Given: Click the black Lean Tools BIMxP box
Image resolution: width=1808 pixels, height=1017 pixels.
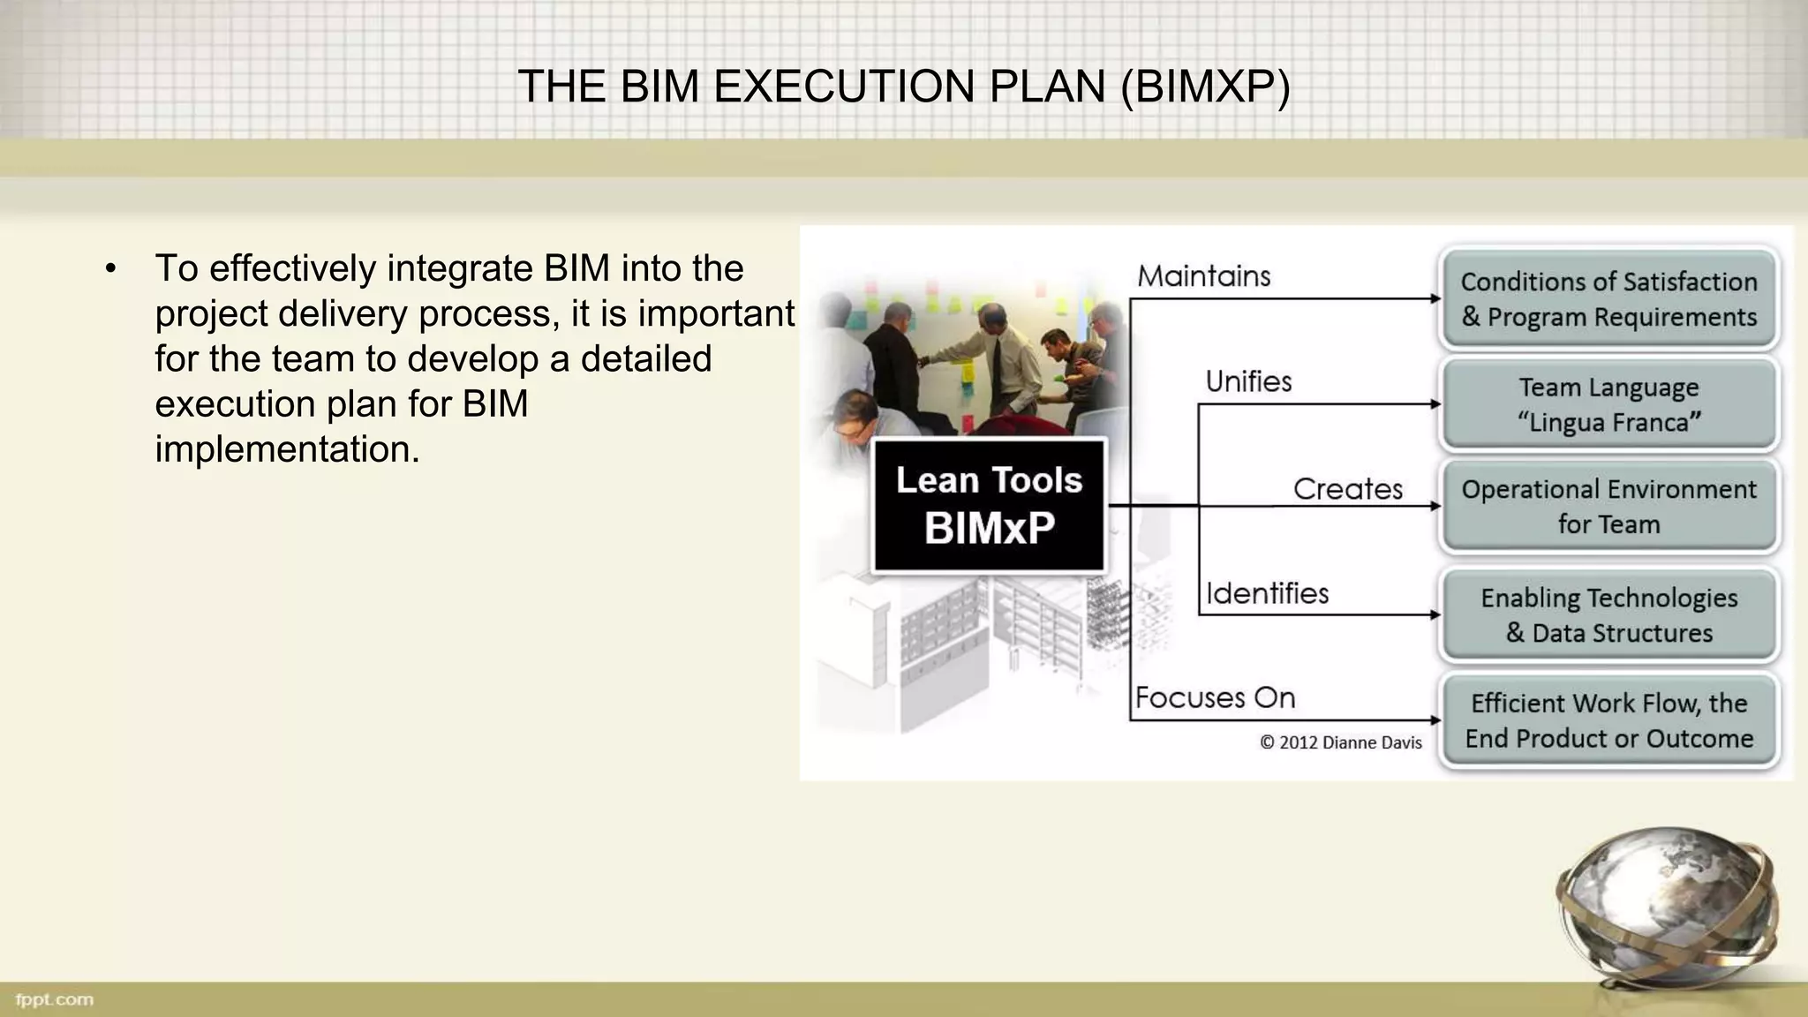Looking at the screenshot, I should (989, 506).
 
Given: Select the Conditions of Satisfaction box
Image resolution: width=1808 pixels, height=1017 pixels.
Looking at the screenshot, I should (1608, 299).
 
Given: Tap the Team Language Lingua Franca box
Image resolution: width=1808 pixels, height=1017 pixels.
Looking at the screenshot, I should (1608, 404).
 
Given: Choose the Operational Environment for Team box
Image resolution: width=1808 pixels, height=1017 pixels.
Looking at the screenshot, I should (1608, 507).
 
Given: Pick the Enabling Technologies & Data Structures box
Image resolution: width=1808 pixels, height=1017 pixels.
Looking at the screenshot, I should (1608, 615).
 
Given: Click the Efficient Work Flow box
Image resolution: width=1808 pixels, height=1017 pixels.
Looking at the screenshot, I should (1608, 720).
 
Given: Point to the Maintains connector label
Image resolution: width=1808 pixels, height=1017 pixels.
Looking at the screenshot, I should (1203, 276).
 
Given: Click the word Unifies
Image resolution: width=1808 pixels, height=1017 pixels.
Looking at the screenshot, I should (1248, 381).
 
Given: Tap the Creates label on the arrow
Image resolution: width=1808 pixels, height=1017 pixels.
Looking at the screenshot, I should (1347, 489).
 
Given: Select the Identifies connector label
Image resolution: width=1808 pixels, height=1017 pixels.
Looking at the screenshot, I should (1267, 593).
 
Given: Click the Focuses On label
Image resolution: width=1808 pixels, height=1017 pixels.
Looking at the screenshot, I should (1215, 697).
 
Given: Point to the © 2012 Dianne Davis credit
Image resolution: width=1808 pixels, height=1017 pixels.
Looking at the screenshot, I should (1340, 742).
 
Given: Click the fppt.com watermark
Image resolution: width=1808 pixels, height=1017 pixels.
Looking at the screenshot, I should (54, 999).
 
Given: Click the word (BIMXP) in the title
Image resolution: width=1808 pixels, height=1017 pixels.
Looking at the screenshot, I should (1205, 87).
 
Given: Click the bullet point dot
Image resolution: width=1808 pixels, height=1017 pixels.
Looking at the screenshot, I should (110, 268).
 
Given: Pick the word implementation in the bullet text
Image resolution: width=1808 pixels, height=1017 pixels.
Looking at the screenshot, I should (286, 448).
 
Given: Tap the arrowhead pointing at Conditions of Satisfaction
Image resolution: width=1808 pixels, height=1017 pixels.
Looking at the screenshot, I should (1435, 299).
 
